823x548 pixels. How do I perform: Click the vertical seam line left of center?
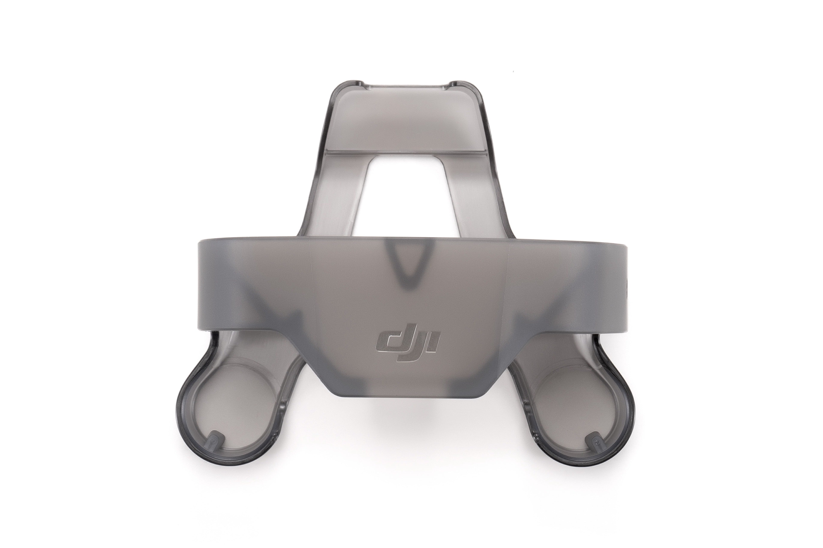click(311, 280)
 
